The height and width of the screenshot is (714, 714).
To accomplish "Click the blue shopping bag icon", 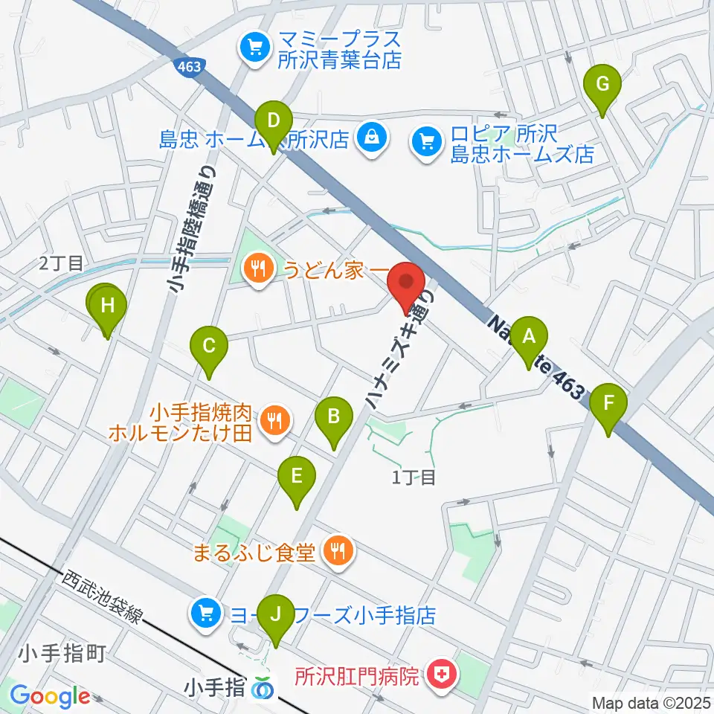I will pyautogui.click(x=370, y=136).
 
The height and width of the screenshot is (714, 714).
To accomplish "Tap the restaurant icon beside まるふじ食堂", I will pyautogui.click(x=339, y=550).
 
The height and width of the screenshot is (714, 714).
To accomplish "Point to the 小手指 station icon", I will pyautogui.click(x=262, y=689).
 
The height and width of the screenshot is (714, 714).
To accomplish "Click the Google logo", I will pyautogui.click(x=49, y=695).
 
